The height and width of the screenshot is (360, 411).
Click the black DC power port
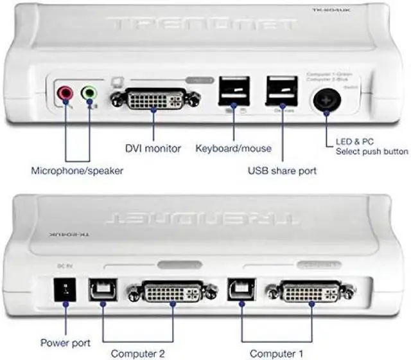pos(66,291)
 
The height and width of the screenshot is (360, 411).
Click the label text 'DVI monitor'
pos(153,149)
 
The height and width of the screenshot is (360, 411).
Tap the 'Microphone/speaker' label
pos(77,171)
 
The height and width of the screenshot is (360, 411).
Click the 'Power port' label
pos(65,343)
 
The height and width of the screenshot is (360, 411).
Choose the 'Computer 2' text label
pos(137,353)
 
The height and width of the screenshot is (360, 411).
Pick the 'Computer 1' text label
pos(276,353)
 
